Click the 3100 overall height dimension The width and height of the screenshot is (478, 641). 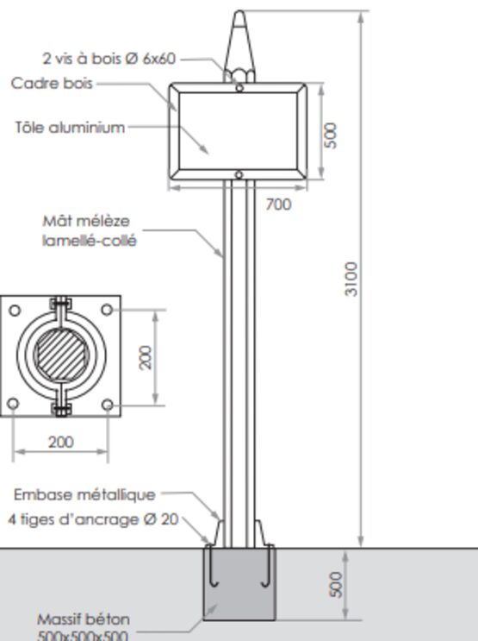coord(351,279)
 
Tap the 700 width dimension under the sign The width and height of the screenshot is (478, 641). coord(278,204)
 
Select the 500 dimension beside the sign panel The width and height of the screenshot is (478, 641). coord(331,135)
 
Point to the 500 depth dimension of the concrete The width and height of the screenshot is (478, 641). coord(336,585)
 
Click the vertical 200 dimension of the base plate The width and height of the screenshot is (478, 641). coord(146,358)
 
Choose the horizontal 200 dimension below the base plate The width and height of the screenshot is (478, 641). coord(61,443)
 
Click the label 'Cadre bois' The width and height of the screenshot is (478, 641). coord(52,84)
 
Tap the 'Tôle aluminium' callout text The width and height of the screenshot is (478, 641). coord(70,128)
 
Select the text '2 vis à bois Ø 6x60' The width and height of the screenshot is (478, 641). coord(109,59)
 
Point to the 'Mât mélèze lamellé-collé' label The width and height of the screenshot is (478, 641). coord(90,231)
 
